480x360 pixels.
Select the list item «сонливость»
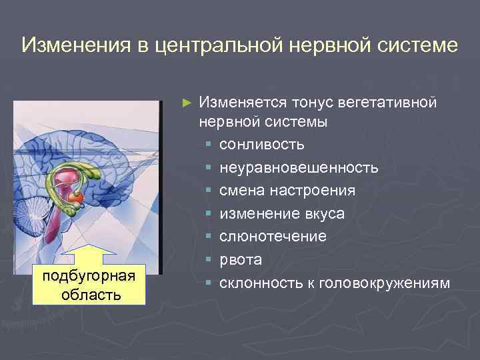pos(261,145)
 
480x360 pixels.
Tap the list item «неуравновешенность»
pos(299,168)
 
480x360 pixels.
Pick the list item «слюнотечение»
pos(273,237)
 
